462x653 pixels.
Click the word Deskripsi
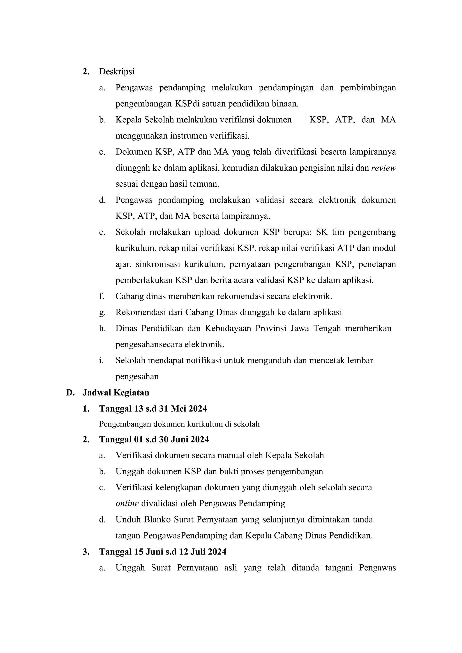[117, 72]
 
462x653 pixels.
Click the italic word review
[383, 168]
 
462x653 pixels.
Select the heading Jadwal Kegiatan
[116, 392]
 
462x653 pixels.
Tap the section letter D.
[70, 392]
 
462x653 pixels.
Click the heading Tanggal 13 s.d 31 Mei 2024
[153, 409]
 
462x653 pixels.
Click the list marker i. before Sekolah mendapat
[101, 360]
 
